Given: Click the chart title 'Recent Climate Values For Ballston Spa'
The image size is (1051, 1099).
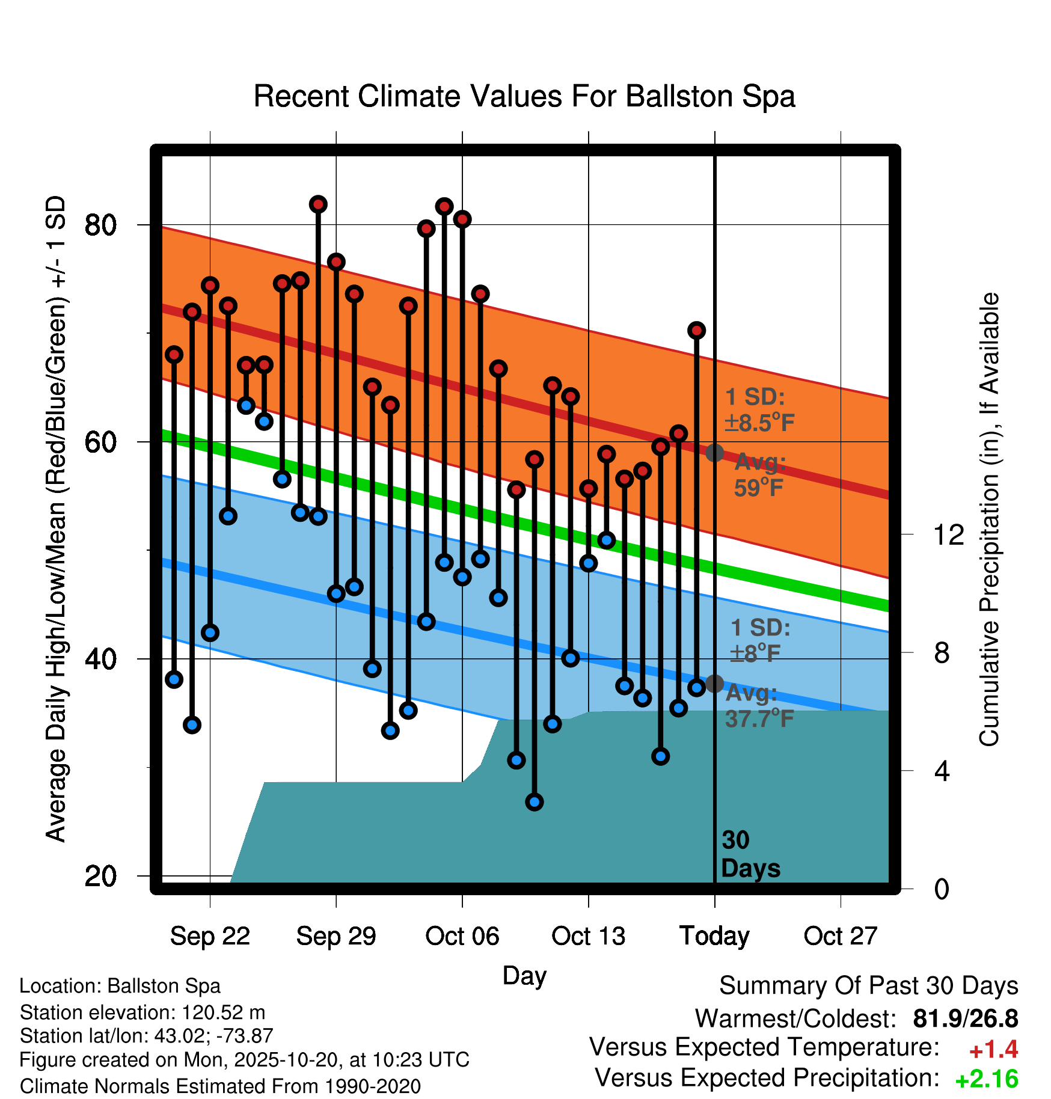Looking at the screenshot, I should (x=524, y=96).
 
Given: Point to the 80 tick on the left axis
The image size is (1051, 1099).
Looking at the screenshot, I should (x=100, y=225).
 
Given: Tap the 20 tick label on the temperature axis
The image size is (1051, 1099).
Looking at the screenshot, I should (x=100, y=877).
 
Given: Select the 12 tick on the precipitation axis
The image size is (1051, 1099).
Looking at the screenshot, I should (x=949, y=534).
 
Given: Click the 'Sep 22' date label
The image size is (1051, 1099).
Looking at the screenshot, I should (x=210, y=936).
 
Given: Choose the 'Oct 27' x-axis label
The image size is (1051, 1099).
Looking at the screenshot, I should (x=841, y=936).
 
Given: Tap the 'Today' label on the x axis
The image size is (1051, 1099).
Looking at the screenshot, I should (x=714, y=936).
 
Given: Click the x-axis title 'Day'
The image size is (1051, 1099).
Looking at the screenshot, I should (x=524, y=975).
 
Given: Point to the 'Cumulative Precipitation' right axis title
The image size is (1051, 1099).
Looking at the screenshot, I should (x=989, y=519).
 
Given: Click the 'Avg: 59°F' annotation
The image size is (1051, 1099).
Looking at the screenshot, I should (x=759, y=475).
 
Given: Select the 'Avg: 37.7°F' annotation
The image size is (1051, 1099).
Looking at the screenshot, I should (x=759, y=706).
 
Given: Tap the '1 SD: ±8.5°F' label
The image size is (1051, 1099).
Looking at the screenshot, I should (x=759, y=410).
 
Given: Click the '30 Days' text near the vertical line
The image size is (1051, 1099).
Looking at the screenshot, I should (x=750, y=854).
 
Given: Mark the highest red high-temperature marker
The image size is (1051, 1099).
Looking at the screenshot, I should (x=318, y=204).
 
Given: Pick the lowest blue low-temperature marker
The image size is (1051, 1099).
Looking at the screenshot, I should (x=535, y=801).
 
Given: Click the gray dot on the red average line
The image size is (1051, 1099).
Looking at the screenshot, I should (x=714, y=453).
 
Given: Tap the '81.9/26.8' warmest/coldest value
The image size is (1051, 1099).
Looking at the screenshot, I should (x=965, y=1019).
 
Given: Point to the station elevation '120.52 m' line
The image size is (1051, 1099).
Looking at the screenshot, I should (x=142, y=1012).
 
